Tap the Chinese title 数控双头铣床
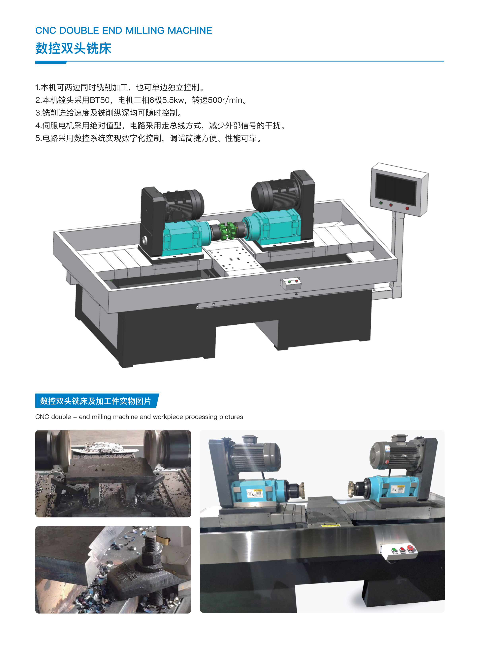[x=74, y=48]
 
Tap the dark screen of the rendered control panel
[x=396, y=189]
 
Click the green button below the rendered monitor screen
[x=381, y=203]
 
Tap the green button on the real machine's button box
[x=394, y=549]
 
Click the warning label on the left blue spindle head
[x=255, y=493]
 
